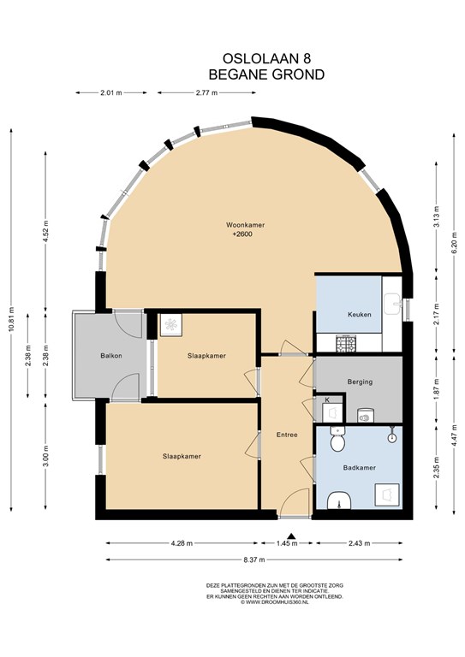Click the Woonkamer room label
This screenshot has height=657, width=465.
(245, 225)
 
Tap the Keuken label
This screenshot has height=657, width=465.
(360, 314)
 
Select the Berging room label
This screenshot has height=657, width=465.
(360, 382)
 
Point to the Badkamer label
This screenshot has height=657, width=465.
(360, 468)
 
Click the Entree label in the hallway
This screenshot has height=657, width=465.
(287, 435)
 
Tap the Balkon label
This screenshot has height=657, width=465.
(111, 356)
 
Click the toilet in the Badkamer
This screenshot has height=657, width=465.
(337, 439)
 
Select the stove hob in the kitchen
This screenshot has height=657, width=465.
(346, 343)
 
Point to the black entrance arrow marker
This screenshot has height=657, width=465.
(292, 536)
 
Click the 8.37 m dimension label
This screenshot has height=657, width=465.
(253, 559)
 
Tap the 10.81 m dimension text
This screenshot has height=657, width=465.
(11, 320)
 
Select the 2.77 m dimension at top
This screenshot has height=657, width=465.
(206, 93)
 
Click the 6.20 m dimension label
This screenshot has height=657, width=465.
(454, 243)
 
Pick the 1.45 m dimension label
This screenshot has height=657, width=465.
(287, 543)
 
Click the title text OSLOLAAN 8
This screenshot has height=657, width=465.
(266, 57)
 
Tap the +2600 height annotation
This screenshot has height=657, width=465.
(242, 234)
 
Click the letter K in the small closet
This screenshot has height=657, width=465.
(327, 400)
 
